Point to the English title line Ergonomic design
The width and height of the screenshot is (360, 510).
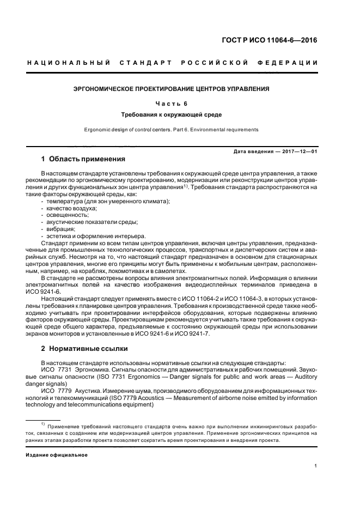pos(172,130)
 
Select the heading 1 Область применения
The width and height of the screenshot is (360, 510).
pos(83,159)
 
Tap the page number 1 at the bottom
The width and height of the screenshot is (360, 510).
pos(316,466)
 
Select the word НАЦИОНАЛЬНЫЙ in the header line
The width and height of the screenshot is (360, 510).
pos(69,63)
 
